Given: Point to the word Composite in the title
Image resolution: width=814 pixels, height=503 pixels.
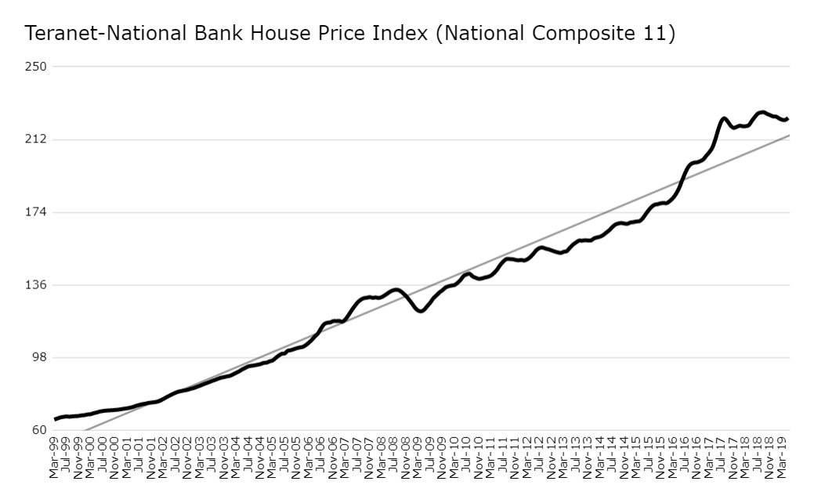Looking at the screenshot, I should point(582,34).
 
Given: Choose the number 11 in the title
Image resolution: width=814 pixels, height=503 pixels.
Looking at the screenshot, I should point(654,34).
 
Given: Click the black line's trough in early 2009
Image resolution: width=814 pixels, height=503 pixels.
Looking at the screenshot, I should point(421,312).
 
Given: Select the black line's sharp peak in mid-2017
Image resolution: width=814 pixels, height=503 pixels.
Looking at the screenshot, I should point(723,118).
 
